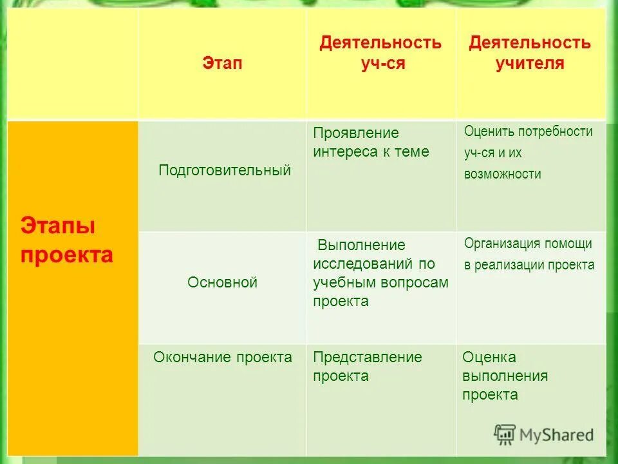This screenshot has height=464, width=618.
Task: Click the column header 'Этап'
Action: (x=223, y=63)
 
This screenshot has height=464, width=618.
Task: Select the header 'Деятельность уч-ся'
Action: (x=380, y=53)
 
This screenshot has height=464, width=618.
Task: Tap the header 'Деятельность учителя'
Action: (x=529, y=53)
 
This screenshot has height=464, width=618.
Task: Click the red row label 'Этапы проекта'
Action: (x=66, y=240)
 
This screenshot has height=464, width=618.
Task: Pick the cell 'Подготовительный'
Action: (x=225, y=170)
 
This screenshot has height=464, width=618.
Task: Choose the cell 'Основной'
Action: (x=222, y=282)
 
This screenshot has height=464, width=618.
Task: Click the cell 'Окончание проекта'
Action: (x=223, y=357)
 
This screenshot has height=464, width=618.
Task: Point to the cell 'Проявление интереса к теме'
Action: (x=371, y=142)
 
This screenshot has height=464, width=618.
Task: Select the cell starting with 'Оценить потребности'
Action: (x=528, y=153)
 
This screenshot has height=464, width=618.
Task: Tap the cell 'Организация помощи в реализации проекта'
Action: (x=529, y=254)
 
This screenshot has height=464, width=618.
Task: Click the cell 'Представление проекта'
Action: (x=367, y=366)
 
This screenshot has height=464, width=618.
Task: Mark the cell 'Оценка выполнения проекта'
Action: (x=505, y=376)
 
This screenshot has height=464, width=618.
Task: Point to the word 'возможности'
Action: (x=502, y=174)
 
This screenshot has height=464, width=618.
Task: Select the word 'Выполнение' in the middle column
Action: (x=362, y=245)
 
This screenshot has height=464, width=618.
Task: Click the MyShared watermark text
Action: (x=557, y=434)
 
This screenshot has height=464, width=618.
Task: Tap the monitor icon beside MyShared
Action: (x=505, y=434)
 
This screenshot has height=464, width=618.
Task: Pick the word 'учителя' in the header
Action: (x=529, y=63)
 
